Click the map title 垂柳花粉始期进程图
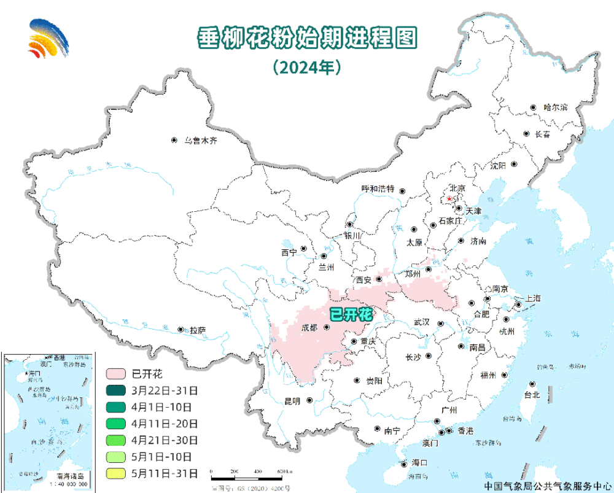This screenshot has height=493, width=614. click(306, 38)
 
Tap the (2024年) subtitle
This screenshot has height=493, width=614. click(307, 67)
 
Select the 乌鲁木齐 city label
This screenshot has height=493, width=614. click(201, 141)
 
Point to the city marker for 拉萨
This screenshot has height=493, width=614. click(181, 330)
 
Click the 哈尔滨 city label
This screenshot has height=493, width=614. click(555, 107)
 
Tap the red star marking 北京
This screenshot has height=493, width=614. click(449, 199)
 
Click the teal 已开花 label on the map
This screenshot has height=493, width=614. click(351, 314)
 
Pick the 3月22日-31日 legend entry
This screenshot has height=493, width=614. click(164, 390)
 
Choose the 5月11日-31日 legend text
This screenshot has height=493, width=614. click(164, 473)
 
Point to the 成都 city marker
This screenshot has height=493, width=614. click(327, 327)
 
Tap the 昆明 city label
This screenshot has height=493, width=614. click(292, 401)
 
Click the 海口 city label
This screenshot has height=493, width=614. click(419, 463)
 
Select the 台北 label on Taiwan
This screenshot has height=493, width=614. click(531, 395)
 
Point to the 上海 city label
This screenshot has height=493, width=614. click(532, 298)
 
